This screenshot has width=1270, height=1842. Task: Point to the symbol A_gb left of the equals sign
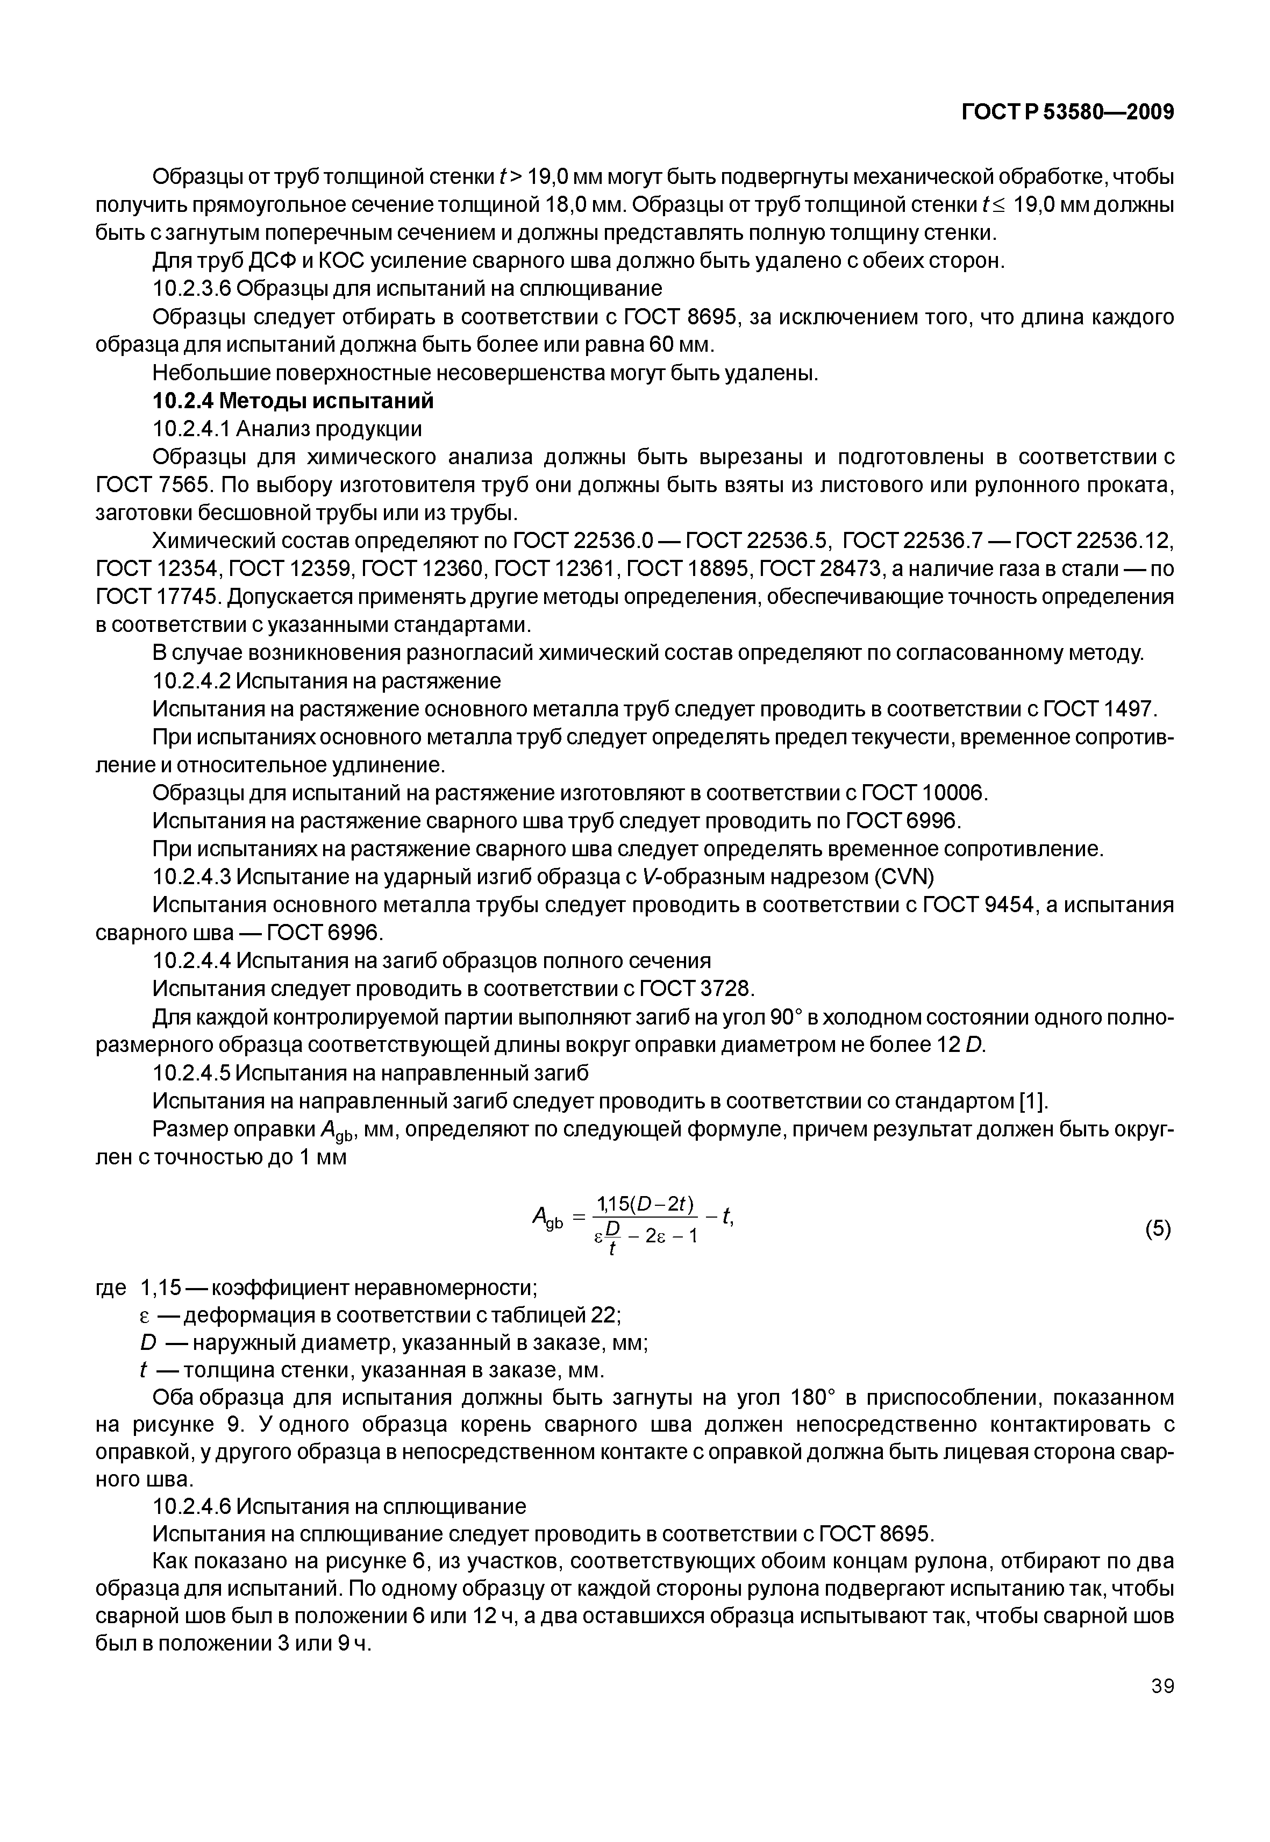pos(547,1218)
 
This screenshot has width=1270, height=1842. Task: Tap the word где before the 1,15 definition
pos(111,1287)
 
